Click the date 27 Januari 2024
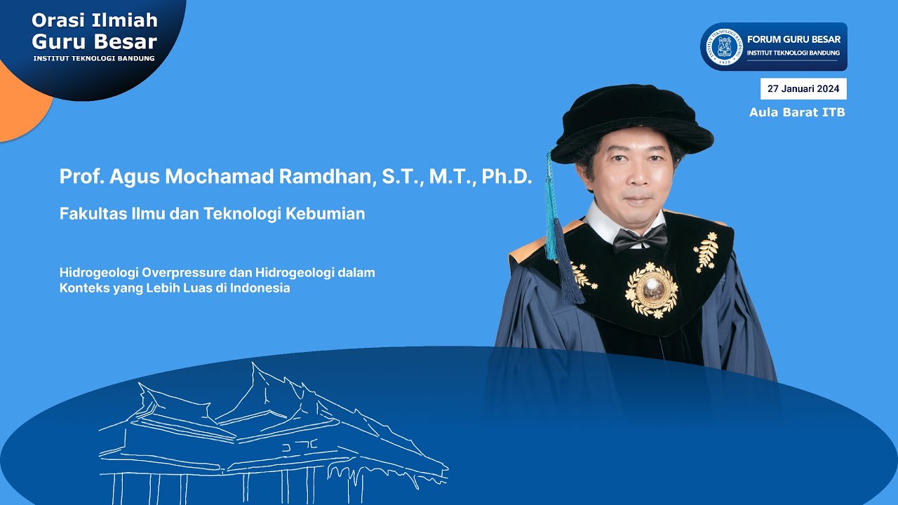[x=803, y=89]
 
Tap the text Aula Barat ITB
[x=797, y=112]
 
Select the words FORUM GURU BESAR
[x=793, y=39]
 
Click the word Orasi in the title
[x=58, y=20]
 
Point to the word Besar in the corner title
[x=127, y=41]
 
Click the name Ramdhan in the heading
[x=326, y=177]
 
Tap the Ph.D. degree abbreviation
[x=507, y=177]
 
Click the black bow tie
[x=639, y=240]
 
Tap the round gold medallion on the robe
[x=652, y=288]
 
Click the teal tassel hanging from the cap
[x=551, y=210]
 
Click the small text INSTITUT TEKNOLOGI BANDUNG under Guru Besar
[x=94, y=58]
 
